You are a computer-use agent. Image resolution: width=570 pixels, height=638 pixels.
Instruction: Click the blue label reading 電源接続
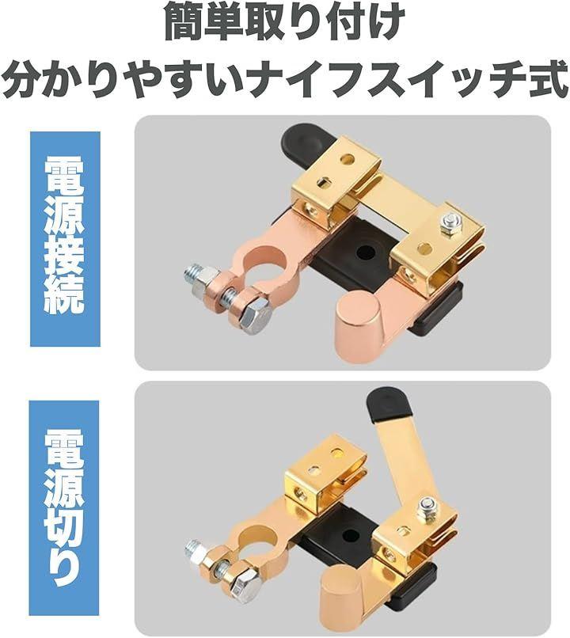click(65, 238)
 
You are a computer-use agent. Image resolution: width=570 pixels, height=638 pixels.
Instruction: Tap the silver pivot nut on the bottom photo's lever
click(427, 507)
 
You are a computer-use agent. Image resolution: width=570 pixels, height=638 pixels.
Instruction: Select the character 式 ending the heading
click(547, 81)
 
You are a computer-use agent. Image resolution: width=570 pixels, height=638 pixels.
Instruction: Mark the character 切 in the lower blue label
click(64, 529)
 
